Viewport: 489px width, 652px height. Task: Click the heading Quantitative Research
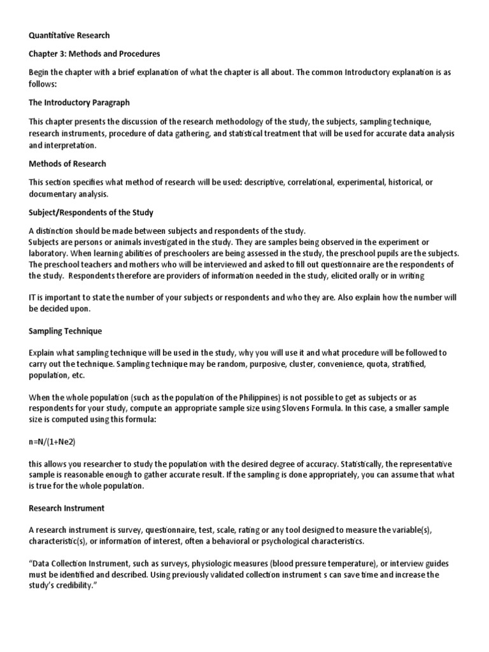coord(69,36)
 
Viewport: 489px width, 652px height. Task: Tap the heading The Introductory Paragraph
coord(79,102)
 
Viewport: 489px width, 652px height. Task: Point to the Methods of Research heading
coord(67,164)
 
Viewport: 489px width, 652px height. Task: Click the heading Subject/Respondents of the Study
coord(90,212)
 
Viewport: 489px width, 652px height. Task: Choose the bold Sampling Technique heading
coord(65,332)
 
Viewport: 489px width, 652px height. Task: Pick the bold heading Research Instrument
coord(67,509)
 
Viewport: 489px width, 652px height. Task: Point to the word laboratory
coord(48,253)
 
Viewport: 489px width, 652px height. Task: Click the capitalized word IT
coord(34,297)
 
